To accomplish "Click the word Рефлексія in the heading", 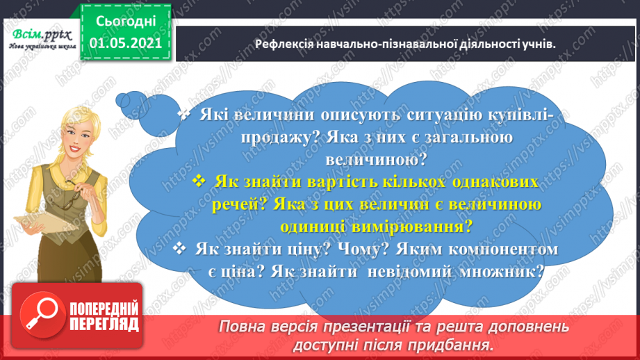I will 281,44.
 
